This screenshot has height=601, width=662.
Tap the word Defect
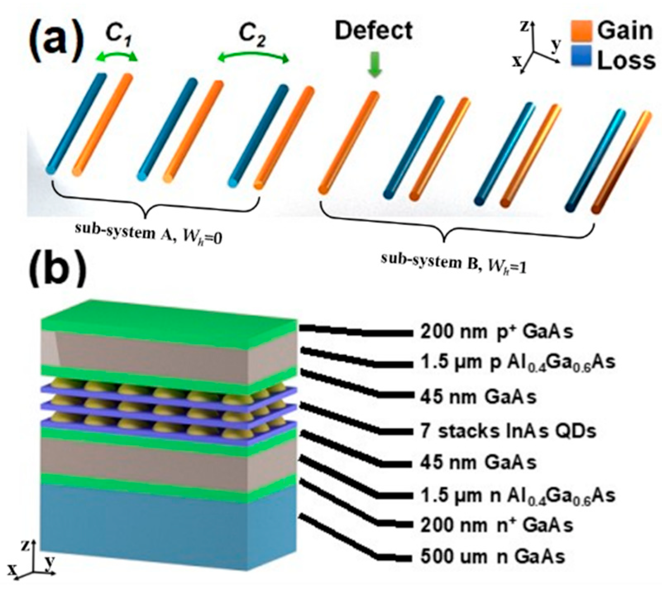373,31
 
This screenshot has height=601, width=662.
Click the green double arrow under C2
253,59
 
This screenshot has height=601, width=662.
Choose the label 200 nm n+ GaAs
497,525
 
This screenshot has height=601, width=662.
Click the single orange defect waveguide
348,143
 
